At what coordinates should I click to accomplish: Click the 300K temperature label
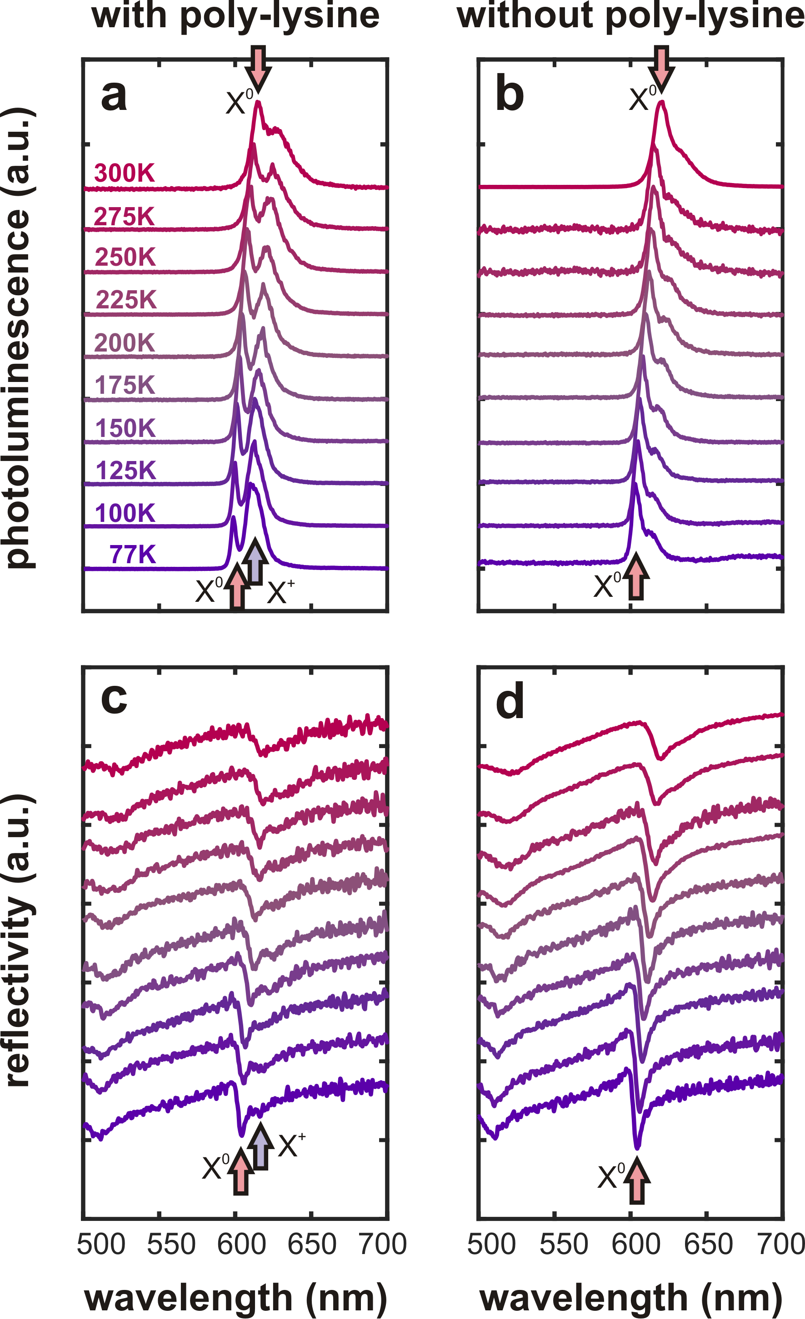[124, 174]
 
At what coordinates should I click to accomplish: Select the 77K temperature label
[132, 555]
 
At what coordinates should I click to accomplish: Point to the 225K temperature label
[126, 300]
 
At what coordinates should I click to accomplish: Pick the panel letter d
[510, 702]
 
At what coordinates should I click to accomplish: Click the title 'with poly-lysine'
[235, 16]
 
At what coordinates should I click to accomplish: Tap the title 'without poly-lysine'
[630, 16]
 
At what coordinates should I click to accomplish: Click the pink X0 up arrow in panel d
[637, 1181]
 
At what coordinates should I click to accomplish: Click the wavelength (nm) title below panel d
[630, 1298]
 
